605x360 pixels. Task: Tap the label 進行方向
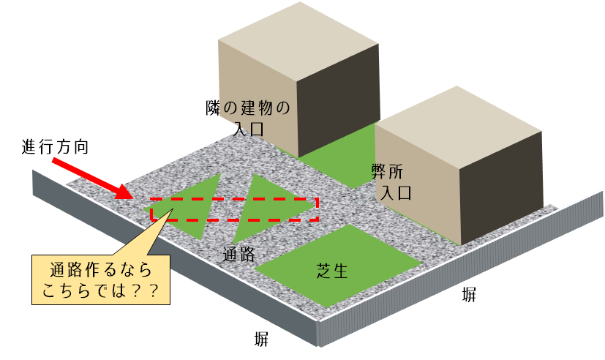point(56,146)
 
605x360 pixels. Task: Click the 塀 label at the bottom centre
point(261,338)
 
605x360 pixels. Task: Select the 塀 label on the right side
point(469,295)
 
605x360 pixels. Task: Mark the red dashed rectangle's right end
point(317,209)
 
